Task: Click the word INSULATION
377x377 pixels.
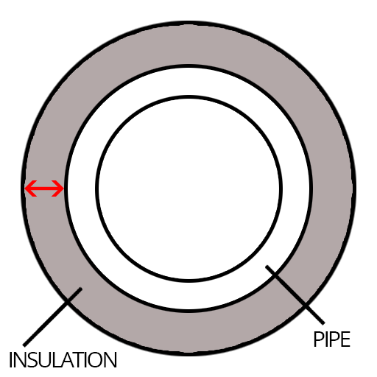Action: click(x=63, y=360)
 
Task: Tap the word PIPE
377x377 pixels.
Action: click(x=332, y=339)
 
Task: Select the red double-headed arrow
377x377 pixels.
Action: click(x=44, y=188)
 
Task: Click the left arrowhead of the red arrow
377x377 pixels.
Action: click(x=29, y=188)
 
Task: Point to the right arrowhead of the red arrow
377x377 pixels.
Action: click(x=59, y=188)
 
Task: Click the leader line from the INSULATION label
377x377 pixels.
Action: click(x=52, y=317)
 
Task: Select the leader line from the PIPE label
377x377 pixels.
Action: click(x=295, y=295)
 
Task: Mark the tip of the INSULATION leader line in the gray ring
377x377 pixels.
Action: click(x=81, y=289)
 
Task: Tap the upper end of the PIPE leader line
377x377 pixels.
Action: click(x=267, y=267)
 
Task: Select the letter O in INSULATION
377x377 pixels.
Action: click(x=96, y=360)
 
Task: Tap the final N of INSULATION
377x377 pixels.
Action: click(x=110, y=360)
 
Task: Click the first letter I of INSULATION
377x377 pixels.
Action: click(x=11, y=360)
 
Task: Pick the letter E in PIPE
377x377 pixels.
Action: click(x=346, y=339)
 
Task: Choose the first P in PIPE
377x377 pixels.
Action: click(x=318, y=339)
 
